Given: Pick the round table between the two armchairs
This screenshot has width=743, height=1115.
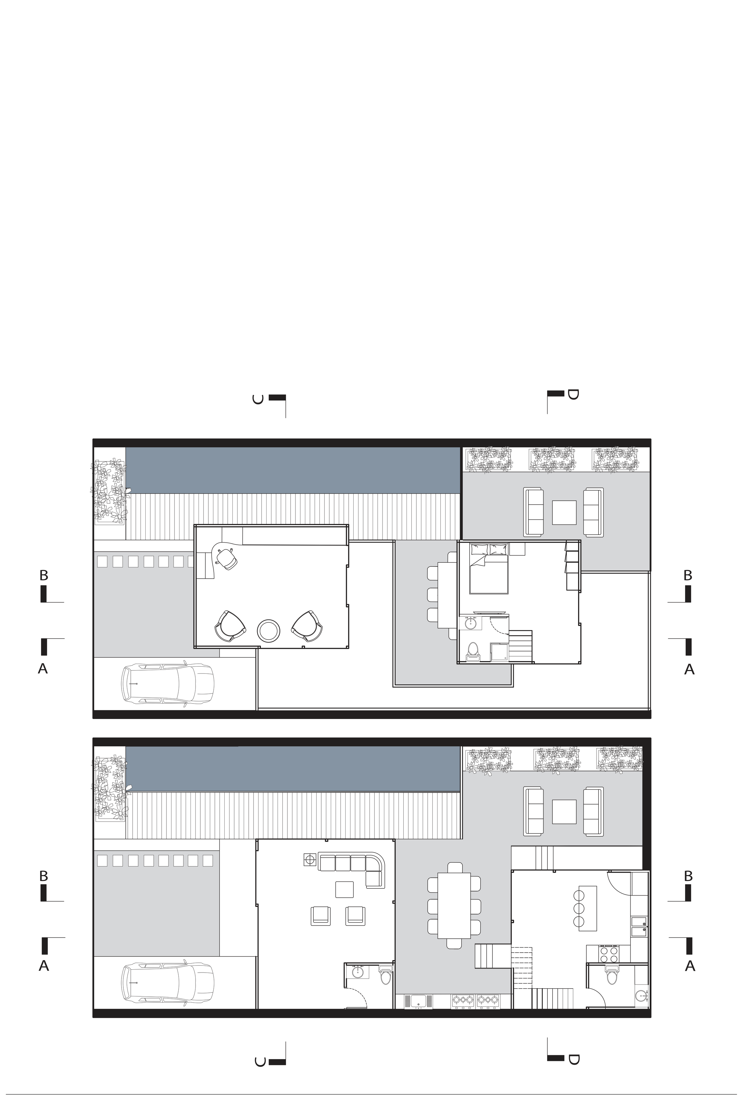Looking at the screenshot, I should pos(269,631).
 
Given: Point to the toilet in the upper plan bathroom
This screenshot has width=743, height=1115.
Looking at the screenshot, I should pos(473,652).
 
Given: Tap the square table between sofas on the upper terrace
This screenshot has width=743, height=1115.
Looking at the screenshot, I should pos(564,513).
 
